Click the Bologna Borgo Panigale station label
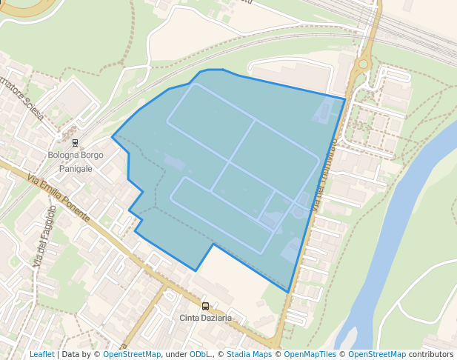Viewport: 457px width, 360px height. pyautogui.click(x=76, y=161)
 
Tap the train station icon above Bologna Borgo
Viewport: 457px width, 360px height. pyautogui.click(x=75, y=142)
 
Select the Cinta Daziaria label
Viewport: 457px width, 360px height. pyautogui.click(x=206, y=318)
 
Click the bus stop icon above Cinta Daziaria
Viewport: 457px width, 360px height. pyautogui.click(x=205, y=306)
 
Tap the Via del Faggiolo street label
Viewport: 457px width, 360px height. pyautogui.click(x=44, y=237)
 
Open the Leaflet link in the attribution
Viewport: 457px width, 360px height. pyautogui.click(x=41, y=354)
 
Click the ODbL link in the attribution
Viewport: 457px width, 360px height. pyautogui.click(x=200, y=354)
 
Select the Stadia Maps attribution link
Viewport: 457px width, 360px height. pyautogui.click(x=249, y=354)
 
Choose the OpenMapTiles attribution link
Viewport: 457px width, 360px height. pyautogui.click(x=311, y=354)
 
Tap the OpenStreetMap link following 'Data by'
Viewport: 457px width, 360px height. pyautogui.click(x=132, y=354)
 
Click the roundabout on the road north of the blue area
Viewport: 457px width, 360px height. pyautogui.click(x=362, y=64)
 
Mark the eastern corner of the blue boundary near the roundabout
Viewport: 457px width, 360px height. pyautogui.click(x=345, y=99)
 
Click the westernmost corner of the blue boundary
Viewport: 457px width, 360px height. pyautogui.click(x=113, y=137)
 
